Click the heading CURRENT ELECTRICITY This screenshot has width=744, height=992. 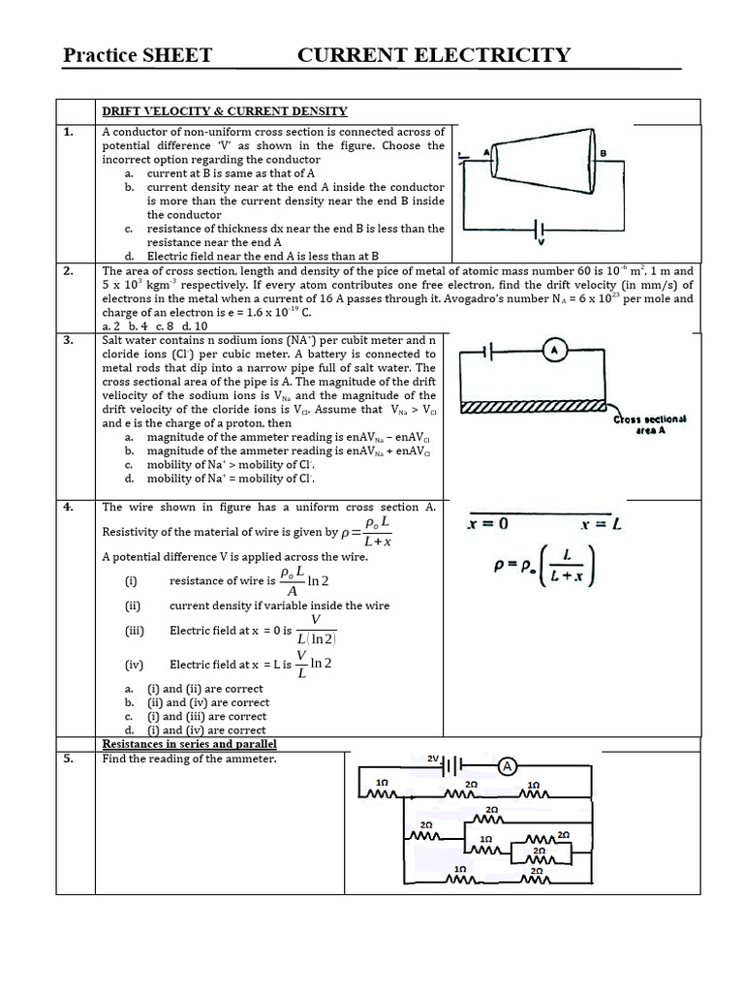tap(434, 55)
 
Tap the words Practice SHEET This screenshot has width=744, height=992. tap(137, 55)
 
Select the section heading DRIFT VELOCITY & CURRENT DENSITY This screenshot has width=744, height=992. tap(225, 111)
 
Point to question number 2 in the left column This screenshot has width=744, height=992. tap(69, 271)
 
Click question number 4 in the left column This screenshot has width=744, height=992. tap(69, 507)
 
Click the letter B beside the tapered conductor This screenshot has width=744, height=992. tap(604, 153)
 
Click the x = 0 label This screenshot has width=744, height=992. tap(487, 524)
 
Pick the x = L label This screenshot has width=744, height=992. tap(601, 524)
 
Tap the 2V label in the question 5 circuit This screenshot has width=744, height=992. tap(433, 760)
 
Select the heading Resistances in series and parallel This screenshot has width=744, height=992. tap(189, 744)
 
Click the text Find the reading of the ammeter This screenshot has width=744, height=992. tap(189, 759)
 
